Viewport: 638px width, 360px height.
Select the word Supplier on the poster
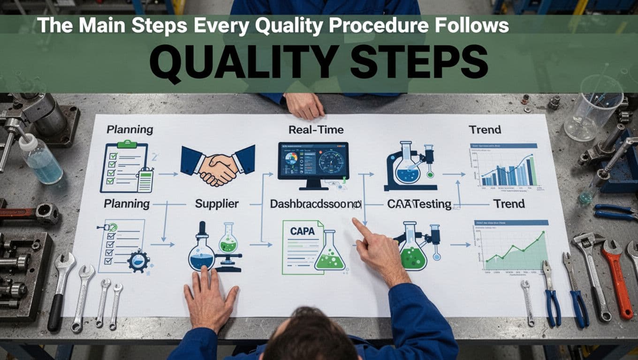217,204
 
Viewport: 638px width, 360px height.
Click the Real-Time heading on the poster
316,129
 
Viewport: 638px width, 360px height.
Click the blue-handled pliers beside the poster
552,295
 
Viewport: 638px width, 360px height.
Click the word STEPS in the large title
418,62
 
